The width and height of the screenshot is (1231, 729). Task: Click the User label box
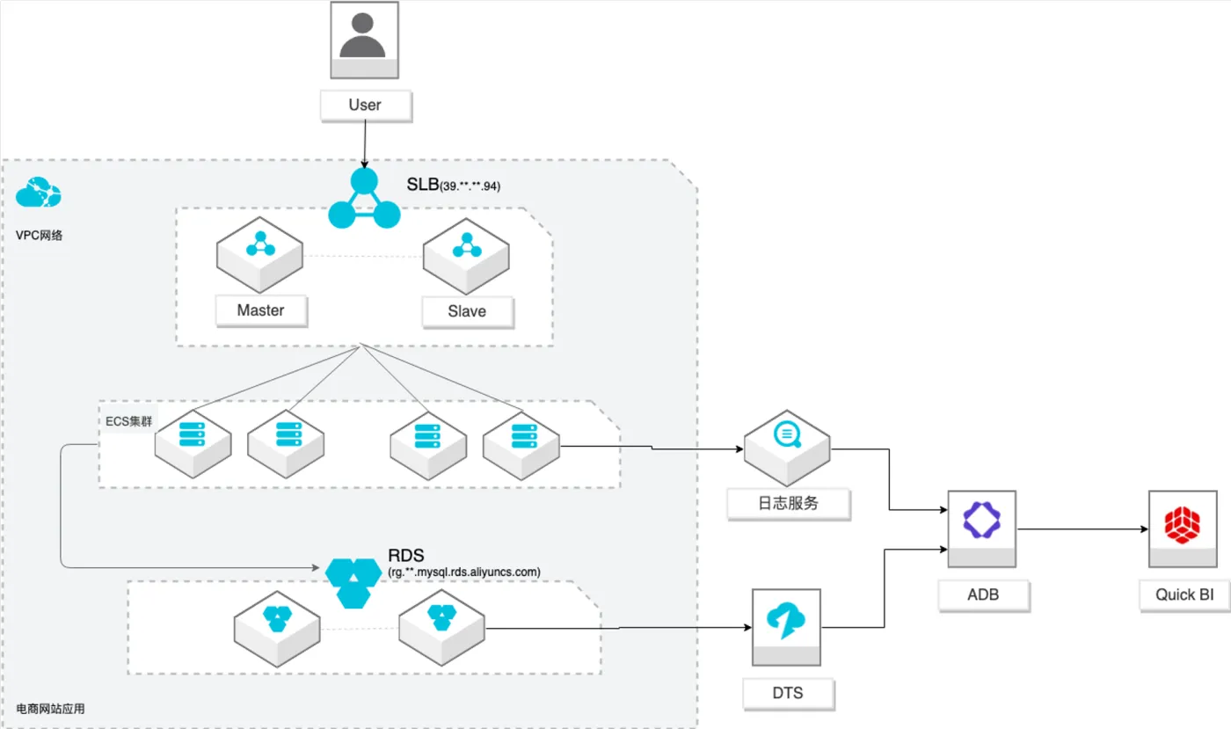click(364, 106)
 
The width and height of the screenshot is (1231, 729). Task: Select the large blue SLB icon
click(363, 200)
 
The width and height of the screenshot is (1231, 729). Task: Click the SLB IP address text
click(470, 186)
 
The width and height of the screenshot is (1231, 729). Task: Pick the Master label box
click(260, 310)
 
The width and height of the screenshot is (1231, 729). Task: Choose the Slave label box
click(466, 311)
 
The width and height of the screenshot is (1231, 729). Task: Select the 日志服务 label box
click(788, 504)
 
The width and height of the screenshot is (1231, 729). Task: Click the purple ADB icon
click(983, 520)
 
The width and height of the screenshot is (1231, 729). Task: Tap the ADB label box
click(982, 595)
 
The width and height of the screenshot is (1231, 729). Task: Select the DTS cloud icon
click(787, 621)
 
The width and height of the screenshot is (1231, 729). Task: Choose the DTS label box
click(787, 693)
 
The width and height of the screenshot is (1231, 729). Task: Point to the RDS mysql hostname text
click(464, 572)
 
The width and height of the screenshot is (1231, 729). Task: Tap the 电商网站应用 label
click(51, 709)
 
